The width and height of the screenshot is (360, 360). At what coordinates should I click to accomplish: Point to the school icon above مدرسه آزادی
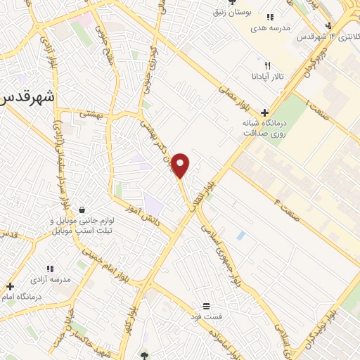tap(49, 268)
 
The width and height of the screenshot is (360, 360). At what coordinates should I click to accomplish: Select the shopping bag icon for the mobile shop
tap(83, 209)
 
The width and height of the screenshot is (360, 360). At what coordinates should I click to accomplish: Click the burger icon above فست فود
tap(206, 306)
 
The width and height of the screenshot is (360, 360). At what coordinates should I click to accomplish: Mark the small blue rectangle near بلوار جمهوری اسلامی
tap(241, 235)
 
